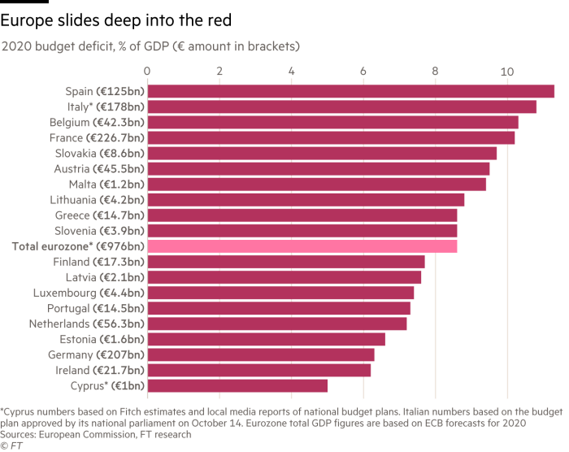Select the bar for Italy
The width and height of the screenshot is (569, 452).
coord(342,107)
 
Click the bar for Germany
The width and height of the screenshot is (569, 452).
coord(261,354)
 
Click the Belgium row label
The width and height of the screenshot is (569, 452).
coord(106,123)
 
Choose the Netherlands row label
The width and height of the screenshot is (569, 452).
coord(97,324)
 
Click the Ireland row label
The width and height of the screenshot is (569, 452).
coord(106,370)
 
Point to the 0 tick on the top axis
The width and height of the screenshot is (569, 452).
coord(147,71)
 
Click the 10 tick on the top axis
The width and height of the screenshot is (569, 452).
coord(507,71)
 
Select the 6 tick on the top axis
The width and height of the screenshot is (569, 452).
coord(363,71)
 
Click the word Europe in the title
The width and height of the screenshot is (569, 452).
coord(24,22)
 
